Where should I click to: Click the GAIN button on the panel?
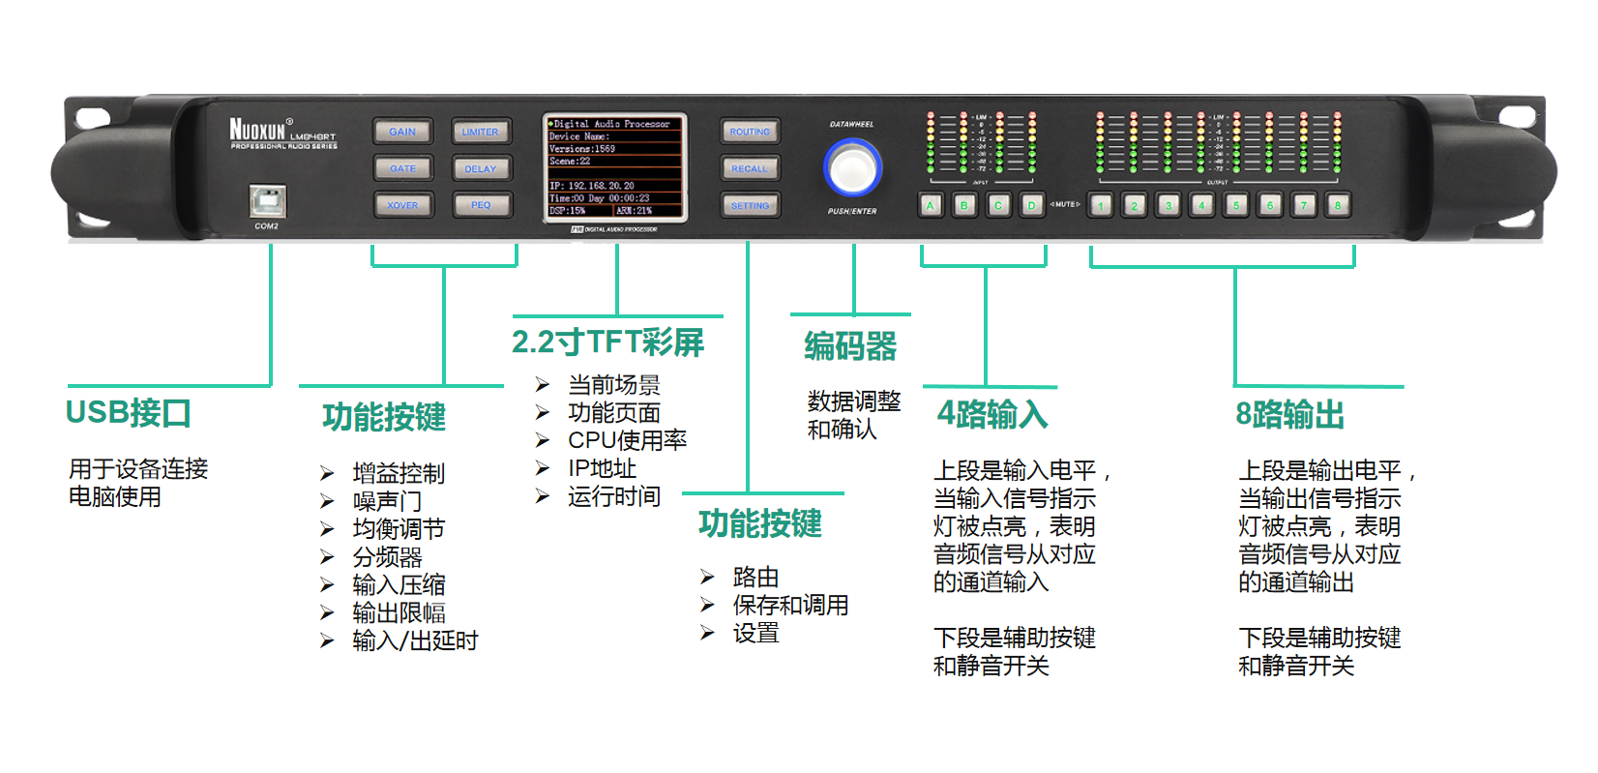[402, 132]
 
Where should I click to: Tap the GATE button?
[402, 168]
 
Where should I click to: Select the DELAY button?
[481, 168]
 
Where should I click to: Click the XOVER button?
[402, 205]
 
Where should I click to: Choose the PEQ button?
[481, 205]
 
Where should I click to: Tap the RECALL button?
[750, 168]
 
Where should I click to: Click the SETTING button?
[750, 205]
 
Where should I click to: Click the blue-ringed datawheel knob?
[852, 167]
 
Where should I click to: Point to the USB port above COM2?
[267, 201]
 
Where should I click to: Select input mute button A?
[931, 205]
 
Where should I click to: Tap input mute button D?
[1032, 205]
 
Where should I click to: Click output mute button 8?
[1338, 205]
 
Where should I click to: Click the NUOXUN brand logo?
[258, 129]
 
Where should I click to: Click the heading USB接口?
[128, 413]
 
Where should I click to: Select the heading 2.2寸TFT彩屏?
[607, 342]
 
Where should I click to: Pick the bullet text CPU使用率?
[627, 440]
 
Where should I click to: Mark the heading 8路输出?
[1289, 415]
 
